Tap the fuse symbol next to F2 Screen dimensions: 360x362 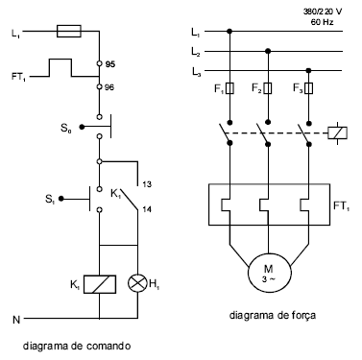coord(268,90)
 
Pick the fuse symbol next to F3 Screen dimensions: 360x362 coord(307,90)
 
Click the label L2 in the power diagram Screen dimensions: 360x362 coord(196,50)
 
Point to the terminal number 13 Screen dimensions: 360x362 coord(146,183)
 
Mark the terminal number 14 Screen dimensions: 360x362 coord(146,208)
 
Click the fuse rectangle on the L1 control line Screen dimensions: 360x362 coord(70,33)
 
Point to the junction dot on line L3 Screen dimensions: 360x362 coord(307,70)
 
